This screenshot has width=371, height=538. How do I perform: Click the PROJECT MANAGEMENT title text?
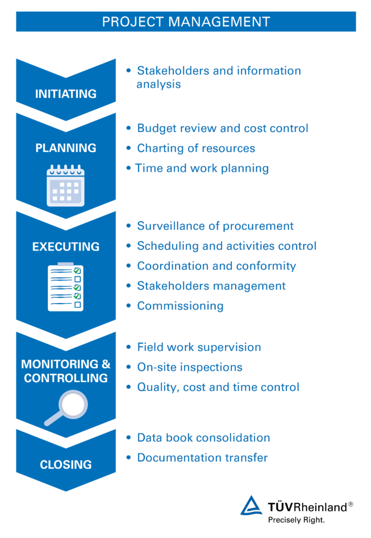point(186,22)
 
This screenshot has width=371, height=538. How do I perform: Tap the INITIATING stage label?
point(66,94)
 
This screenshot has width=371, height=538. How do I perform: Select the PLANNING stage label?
point(66,148)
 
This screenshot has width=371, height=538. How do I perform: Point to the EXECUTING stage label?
point(66,246)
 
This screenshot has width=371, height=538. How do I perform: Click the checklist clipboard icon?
point(65,287)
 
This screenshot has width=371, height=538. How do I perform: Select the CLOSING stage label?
point(66,464)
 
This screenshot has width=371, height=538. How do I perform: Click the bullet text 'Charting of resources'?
point(196,148)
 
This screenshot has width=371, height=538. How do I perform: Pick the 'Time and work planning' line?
point(202,168)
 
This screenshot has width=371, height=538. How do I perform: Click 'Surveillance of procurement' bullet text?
point(215,226)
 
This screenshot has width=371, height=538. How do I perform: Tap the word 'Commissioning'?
point(180,306)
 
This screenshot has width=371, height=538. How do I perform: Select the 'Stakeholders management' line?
point(211,286)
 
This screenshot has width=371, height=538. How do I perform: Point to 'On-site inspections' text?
point(189,367)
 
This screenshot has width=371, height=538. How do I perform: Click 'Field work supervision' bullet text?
point(199,347)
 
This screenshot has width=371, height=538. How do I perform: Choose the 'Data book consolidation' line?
point(203,438)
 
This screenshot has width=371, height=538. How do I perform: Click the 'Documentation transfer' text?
point(202,458)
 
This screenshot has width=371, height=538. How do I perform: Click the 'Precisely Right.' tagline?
point(296,520)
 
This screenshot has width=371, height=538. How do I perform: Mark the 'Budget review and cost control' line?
point(222,128)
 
